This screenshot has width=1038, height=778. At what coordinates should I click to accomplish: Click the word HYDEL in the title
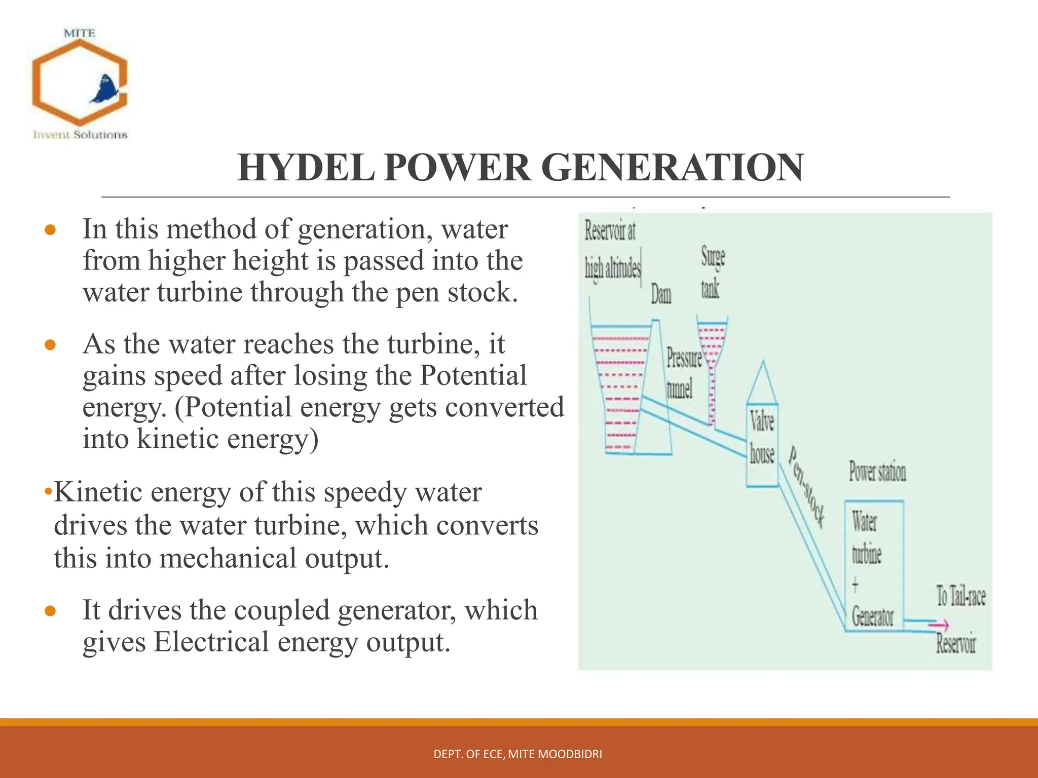click(306, 168)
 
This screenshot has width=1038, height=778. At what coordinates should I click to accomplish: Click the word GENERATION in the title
click(672, 168)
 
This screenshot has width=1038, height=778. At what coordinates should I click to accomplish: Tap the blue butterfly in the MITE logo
click(106, 90)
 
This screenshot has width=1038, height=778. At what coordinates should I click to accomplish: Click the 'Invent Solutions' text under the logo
click(80, 135)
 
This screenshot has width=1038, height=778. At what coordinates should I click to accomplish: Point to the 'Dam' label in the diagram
click(661, 294)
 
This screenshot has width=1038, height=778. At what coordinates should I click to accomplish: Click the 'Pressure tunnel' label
click(683, 373)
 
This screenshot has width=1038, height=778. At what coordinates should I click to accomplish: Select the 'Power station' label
click(877, 472)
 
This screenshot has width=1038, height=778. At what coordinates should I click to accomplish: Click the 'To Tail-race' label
click(960, 596)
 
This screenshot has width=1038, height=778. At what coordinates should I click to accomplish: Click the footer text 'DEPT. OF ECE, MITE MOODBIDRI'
click(517, 754)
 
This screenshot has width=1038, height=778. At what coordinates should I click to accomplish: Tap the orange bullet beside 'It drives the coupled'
click(50, 611)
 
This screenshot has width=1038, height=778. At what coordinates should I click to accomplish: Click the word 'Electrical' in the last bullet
click(211, 642)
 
